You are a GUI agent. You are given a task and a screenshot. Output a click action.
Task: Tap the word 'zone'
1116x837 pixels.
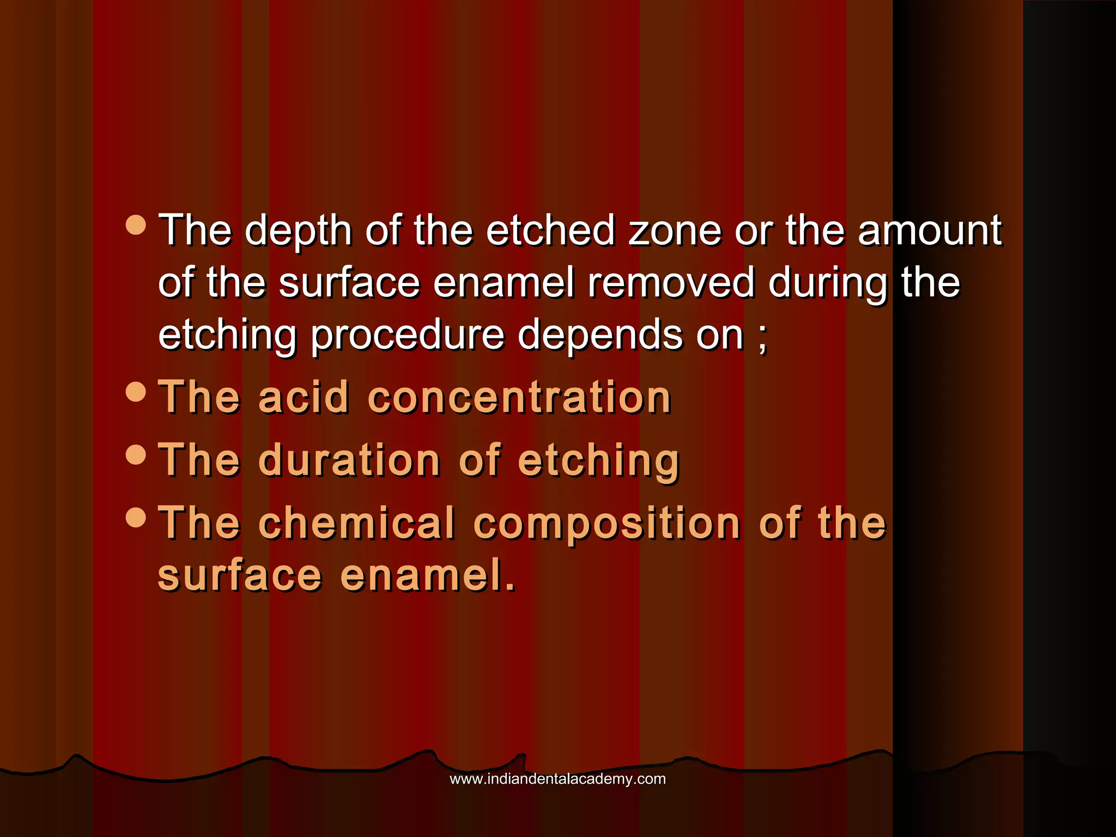(675, 231)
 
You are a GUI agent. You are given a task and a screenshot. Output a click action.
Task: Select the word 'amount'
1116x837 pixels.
(930, 231)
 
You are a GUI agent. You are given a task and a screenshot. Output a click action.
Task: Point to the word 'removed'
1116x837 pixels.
(671, 283)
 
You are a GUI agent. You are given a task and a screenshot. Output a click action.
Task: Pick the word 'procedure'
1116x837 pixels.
(408, 337)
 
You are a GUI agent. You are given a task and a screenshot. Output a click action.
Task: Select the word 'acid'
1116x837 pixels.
(304, 398)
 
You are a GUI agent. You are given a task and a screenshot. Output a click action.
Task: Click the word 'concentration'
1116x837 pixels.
(519, 398)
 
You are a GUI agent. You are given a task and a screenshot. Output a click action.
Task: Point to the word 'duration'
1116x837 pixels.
(349, 460)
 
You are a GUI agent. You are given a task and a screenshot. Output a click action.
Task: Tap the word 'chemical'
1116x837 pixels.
(356, 523)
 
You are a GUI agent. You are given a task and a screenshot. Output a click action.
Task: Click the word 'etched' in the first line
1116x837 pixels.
(550, 231)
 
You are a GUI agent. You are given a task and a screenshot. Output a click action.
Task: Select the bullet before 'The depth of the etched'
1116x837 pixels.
(135, 224)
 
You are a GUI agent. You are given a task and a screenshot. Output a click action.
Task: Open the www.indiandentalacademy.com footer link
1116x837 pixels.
(557, 779)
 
